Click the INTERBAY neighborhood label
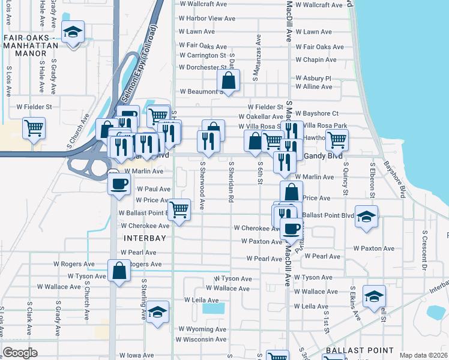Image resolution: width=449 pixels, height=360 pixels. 143,238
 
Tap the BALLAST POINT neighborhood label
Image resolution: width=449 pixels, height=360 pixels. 359,350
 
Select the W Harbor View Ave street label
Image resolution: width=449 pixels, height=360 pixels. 206,19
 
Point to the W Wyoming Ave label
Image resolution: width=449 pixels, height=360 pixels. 202,329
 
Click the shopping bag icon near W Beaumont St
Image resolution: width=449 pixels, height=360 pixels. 229,80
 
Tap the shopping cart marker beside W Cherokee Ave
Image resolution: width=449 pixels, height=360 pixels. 179,210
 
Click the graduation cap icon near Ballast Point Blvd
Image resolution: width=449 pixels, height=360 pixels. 366,216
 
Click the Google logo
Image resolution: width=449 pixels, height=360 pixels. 20,353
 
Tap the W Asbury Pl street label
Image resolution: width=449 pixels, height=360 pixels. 313,78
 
